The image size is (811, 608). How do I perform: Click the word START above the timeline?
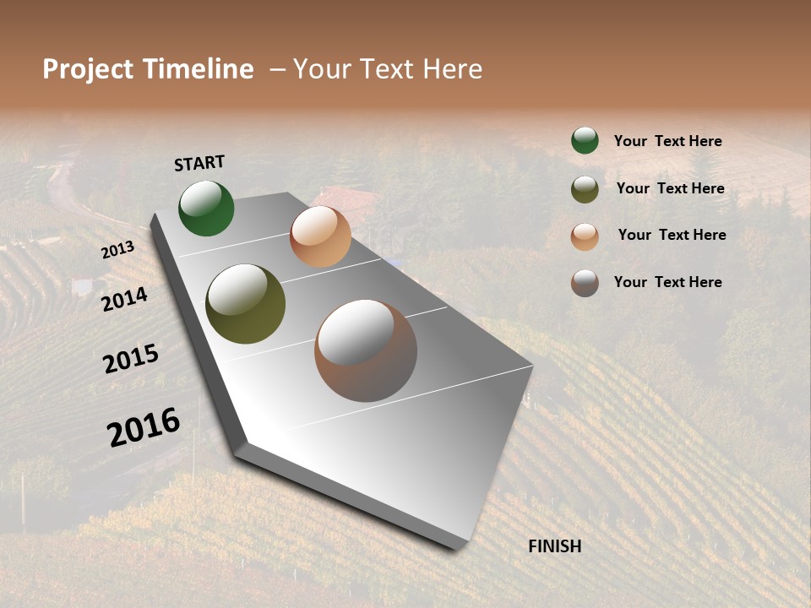[199, 163]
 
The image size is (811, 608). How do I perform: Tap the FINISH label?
[554, 546]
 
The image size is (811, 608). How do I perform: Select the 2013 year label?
[117, 250]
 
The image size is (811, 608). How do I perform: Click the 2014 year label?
[125, 299]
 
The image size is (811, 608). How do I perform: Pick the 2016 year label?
[144, 427]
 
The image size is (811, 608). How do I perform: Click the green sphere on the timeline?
[206, 208]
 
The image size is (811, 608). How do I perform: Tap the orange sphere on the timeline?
[320, 236]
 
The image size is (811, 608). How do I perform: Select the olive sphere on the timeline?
[245, 304]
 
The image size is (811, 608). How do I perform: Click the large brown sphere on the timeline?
[366, 350]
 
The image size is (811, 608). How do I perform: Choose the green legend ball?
[585, 141]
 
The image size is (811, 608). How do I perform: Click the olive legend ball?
[585, 189]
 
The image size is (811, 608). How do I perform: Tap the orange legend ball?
[585, 236]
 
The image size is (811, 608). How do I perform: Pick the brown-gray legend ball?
[585, 283]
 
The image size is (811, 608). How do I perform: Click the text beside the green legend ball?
[667, 141]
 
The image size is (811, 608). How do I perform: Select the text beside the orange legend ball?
[672, 235]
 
